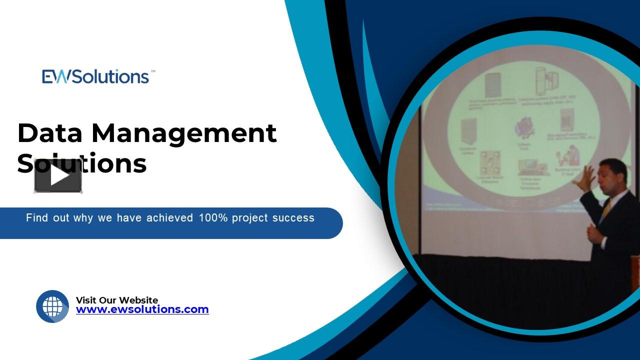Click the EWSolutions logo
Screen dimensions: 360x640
click(x=95, y=76)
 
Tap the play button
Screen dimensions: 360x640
click(x=58, y=176)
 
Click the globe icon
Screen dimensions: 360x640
click(x=52, y=306)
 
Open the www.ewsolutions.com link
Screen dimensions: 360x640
click(x=142, y=309)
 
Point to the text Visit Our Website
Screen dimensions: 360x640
click(x=116, y=300)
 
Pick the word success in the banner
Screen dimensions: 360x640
click(x=293, y=218)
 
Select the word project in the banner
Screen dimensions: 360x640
click(x=250, y=218)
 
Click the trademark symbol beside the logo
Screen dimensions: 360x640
click(x=152, y=71)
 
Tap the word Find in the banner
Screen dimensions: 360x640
click(x=36, y=218)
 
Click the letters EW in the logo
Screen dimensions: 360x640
click(x=54, y=76)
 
